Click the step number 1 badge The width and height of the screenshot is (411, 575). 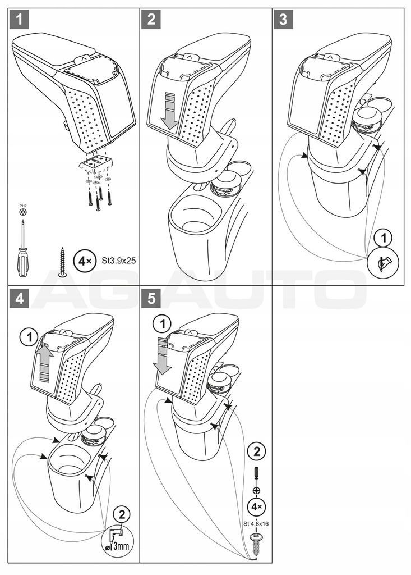pyautogui.click(x=20, y=20)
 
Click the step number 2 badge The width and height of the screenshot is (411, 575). pyautogui.click(x=151, y=20)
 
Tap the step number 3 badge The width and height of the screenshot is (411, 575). pyautogui.click(x=283, y=20)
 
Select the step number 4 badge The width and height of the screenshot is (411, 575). pyautogui.click(x=20, y=299)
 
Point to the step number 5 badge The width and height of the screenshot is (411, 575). pyautogui.click(x=151, y=299)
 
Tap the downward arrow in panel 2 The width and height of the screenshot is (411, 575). pyautogui.click(x=168, y=112)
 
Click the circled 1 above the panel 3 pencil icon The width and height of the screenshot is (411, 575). pyautogui.click(x=383, y=238)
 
